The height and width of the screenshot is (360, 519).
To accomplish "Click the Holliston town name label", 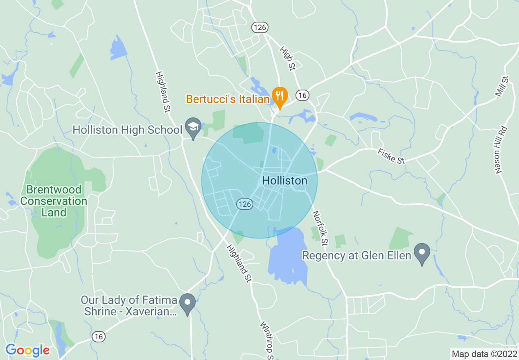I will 284,180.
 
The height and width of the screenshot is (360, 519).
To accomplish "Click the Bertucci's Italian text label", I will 228,99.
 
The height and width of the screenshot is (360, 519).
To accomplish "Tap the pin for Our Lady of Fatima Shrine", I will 188,303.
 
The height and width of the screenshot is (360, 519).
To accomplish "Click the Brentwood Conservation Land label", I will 54,201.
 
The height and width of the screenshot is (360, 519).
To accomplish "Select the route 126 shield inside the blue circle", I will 245,204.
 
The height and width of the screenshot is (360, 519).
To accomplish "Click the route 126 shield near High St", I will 260,27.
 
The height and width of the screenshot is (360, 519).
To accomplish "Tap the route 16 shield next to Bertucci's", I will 302,95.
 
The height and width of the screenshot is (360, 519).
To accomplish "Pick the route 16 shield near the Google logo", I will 98,336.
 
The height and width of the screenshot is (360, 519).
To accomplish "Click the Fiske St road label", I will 391,156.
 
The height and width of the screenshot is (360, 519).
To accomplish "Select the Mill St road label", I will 502,86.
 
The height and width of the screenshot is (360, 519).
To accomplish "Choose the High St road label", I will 287,58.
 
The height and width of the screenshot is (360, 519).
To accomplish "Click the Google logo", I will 27,350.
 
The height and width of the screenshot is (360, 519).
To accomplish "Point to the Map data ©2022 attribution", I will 484,354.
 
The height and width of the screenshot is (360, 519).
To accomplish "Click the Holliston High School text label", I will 127,130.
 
